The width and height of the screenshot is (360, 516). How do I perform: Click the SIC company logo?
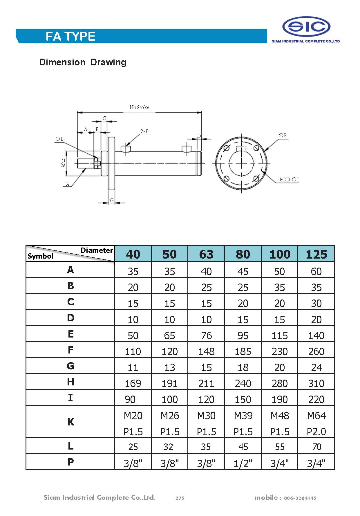tap(306, 27)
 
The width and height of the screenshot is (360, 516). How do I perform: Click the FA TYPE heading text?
tap(70, 37)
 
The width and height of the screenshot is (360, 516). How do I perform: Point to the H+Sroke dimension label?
tap(139, 107)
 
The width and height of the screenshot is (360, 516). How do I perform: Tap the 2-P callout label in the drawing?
tap(144, 131)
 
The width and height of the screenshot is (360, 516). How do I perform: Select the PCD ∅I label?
tap(289, 180)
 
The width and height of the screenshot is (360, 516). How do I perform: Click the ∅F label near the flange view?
tap(283, 136)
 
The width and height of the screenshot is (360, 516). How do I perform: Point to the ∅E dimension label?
tap(63, 163)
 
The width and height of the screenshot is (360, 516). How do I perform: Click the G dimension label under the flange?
tap(112, 201)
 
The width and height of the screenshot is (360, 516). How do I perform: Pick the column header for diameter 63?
tap(206, 254)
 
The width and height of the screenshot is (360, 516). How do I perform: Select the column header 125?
tap(316, 254)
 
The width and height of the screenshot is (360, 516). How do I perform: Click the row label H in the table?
tap(70, 382)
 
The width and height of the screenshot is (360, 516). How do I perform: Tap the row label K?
tap(70, 422)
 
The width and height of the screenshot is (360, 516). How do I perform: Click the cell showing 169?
tap(133, 384)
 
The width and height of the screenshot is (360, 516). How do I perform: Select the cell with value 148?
tap(206, 352)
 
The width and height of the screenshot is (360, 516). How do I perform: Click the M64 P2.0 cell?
tap(316, 423)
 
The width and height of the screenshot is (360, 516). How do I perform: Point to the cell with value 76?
tap(206, 336)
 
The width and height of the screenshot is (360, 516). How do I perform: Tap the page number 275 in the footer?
tap(180, 498)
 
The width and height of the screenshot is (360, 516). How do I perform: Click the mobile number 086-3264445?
tap(300, 498)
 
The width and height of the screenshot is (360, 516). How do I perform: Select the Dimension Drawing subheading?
tap(83, 62)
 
